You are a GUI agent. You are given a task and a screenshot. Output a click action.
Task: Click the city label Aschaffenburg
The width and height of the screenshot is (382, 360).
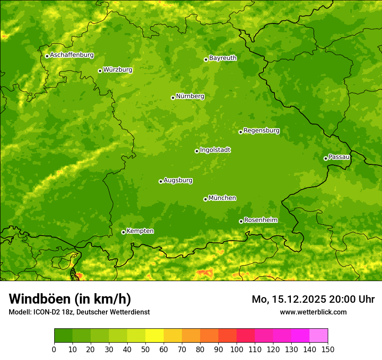click(x=72, y=55)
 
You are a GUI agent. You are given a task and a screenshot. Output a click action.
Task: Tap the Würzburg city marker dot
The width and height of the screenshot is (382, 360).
click(x=100, y=71)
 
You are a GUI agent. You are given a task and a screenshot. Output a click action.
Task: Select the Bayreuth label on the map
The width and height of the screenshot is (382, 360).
click(x=223, y=58)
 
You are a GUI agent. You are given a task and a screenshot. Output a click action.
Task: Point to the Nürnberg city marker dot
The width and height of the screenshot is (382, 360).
click(x=173, y=98)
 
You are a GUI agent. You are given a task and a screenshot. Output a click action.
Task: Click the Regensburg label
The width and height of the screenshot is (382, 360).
click(x=261, y=131)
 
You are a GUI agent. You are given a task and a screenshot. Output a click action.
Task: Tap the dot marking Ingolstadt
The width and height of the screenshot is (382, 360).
click(x=197, y=151)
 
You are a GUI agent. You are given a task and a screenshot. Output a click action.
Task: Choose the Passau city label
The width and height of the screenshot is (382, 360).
click(x=339, y=157)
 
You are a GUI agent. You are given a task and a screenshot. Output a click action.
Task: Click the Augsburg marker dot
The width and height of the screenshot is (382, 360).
click(x=161, y=181)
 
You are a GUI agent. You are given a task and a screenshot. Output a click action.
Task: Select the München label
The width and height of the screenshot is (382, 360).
click(x=222, y=198)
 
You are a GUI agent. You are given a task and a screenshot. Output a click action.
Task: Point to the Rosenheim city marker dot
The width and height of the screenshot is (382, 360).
click(x=241, y=221)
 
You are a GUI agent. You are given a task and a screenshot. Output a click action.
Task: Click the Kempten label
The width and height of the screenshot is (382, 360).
click(x=140, y=231)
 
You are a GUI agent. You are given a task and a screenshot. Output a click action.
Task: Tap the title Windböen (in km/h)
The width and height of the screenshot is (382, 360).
click(x=70, y=299)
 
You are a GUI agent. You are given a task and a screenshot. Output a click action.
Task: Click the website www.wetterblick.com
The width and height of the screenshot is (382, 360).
click(x=313, y=312)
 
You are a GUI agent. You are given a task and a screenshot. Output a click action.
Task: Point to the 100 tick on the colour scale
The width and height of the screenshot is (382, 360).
click(x=237, y=350)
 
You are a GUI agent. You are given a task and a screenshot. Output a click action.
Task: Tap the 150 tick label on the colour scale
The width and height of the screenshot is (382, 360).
click(x=328, y=350)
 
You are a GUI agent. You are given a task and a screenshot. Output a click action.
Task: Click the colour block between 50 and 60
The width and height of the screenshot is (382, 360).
click(x=155, y=336)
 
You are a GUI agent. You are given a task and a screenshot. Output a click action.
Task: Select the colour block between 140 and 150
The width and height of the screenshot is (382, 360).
click(x=319, y=336)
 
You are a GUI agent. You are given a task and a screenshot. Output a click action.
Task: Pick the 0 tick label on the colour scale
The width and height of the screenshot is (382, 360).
click(x=54, y=350)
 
